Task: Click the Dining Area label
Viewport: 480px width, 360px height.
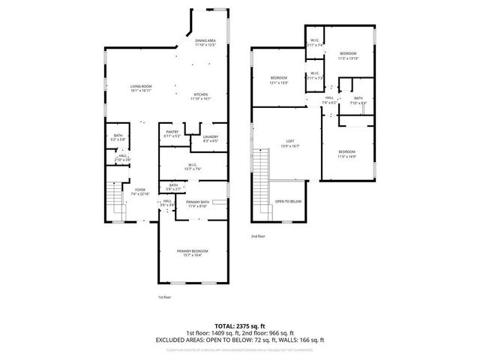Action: point(205,43)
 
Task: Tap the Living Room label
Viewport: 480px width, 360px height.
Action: point(141,89)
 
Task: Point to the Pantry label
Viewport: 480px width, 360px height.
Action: point(172,134)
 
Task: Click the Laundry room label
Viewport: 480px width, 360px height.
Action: point(210,138)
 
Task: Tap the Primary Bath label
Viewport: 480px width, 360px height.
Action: point(197,204)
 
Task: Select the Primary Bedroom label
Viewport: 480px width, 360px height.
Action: point(192,252)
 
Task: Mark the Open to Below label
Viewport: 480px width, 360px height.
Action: point(288,202)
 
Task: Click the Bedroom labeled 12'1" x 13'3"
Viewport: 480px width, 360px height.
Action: point(279,80)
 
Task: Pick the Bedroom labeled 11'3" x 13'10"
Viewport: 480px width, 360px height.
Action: point(348,55)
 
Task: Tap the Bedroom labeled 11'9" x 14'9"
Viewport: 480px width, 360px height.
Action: point(346,154)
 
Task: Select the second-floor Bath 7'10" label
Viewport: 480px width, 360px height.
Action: point(358,100)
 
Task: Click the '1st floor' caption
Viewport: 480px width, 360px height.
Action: point(165,298)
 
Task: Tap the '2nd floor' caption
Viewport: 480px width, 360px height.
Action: point(259,236)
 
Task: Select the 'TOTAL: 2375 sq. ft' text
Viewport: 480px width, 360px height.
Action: point(239,325)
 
